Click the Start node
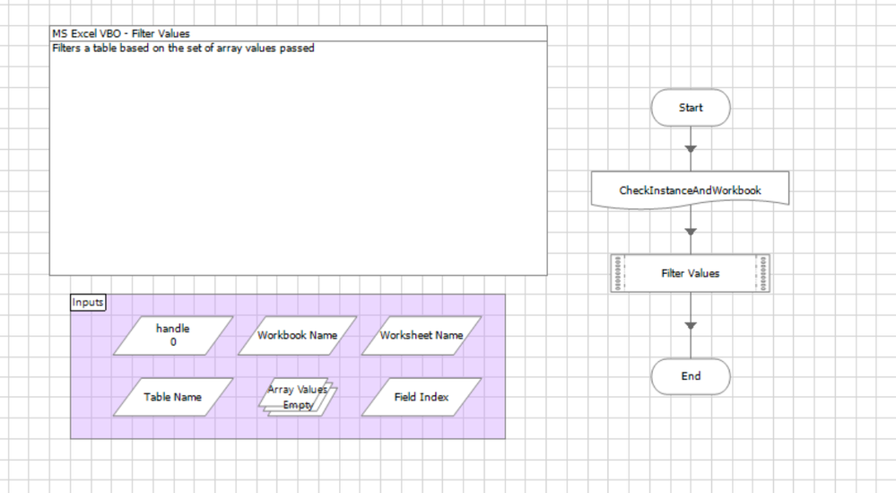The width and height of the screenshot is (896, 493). tap(691, 108)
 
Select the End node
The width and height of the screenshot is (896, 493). tap(691, 376)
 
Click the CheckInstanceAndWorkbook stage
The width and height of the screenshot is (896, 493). tap(691, 190)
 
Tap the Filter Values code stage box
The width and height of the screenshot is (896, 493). tap(691, 273)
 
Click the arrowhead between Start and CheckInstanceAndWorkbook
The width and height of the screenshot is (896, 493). tap(691, 149)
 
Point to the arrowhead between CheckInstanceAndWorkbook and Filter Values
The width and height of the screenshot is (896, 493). tap(691, 232)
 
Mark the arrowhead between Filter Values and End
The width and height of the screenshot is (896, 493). tap(691, 326)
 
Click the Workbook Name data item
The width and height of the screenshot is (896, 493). tap(297, 335)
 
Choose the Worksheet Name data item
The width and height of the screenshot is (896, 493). tap(422, 335)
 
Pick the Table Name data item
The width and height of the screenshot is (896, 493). tap(173, 397)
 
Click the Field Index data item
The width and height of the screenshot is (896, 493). tap(422, 397)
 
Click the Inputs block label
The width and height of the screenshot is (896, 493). tap(88, 303)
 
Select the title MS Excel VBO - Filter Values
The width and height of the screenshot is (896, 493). tap(121, 34)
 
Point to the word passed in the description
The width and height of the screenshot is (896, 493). tap(298, 48)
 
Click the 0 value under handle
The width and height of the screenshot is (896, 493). tap(173, 342)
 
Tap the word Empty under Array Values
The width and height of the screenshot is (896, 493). tap(298, 405)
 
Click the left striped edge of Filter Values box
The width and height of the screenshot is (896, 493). tap(616, 273)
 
